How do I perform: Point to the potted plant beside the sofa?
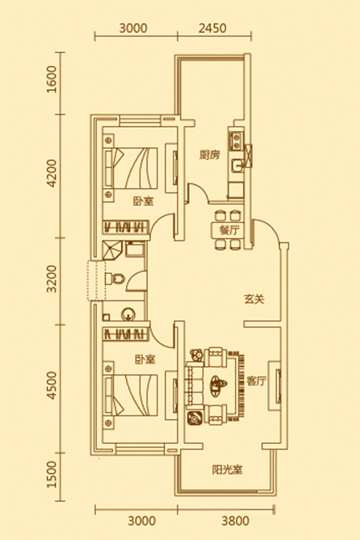(x=193, y=418)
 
